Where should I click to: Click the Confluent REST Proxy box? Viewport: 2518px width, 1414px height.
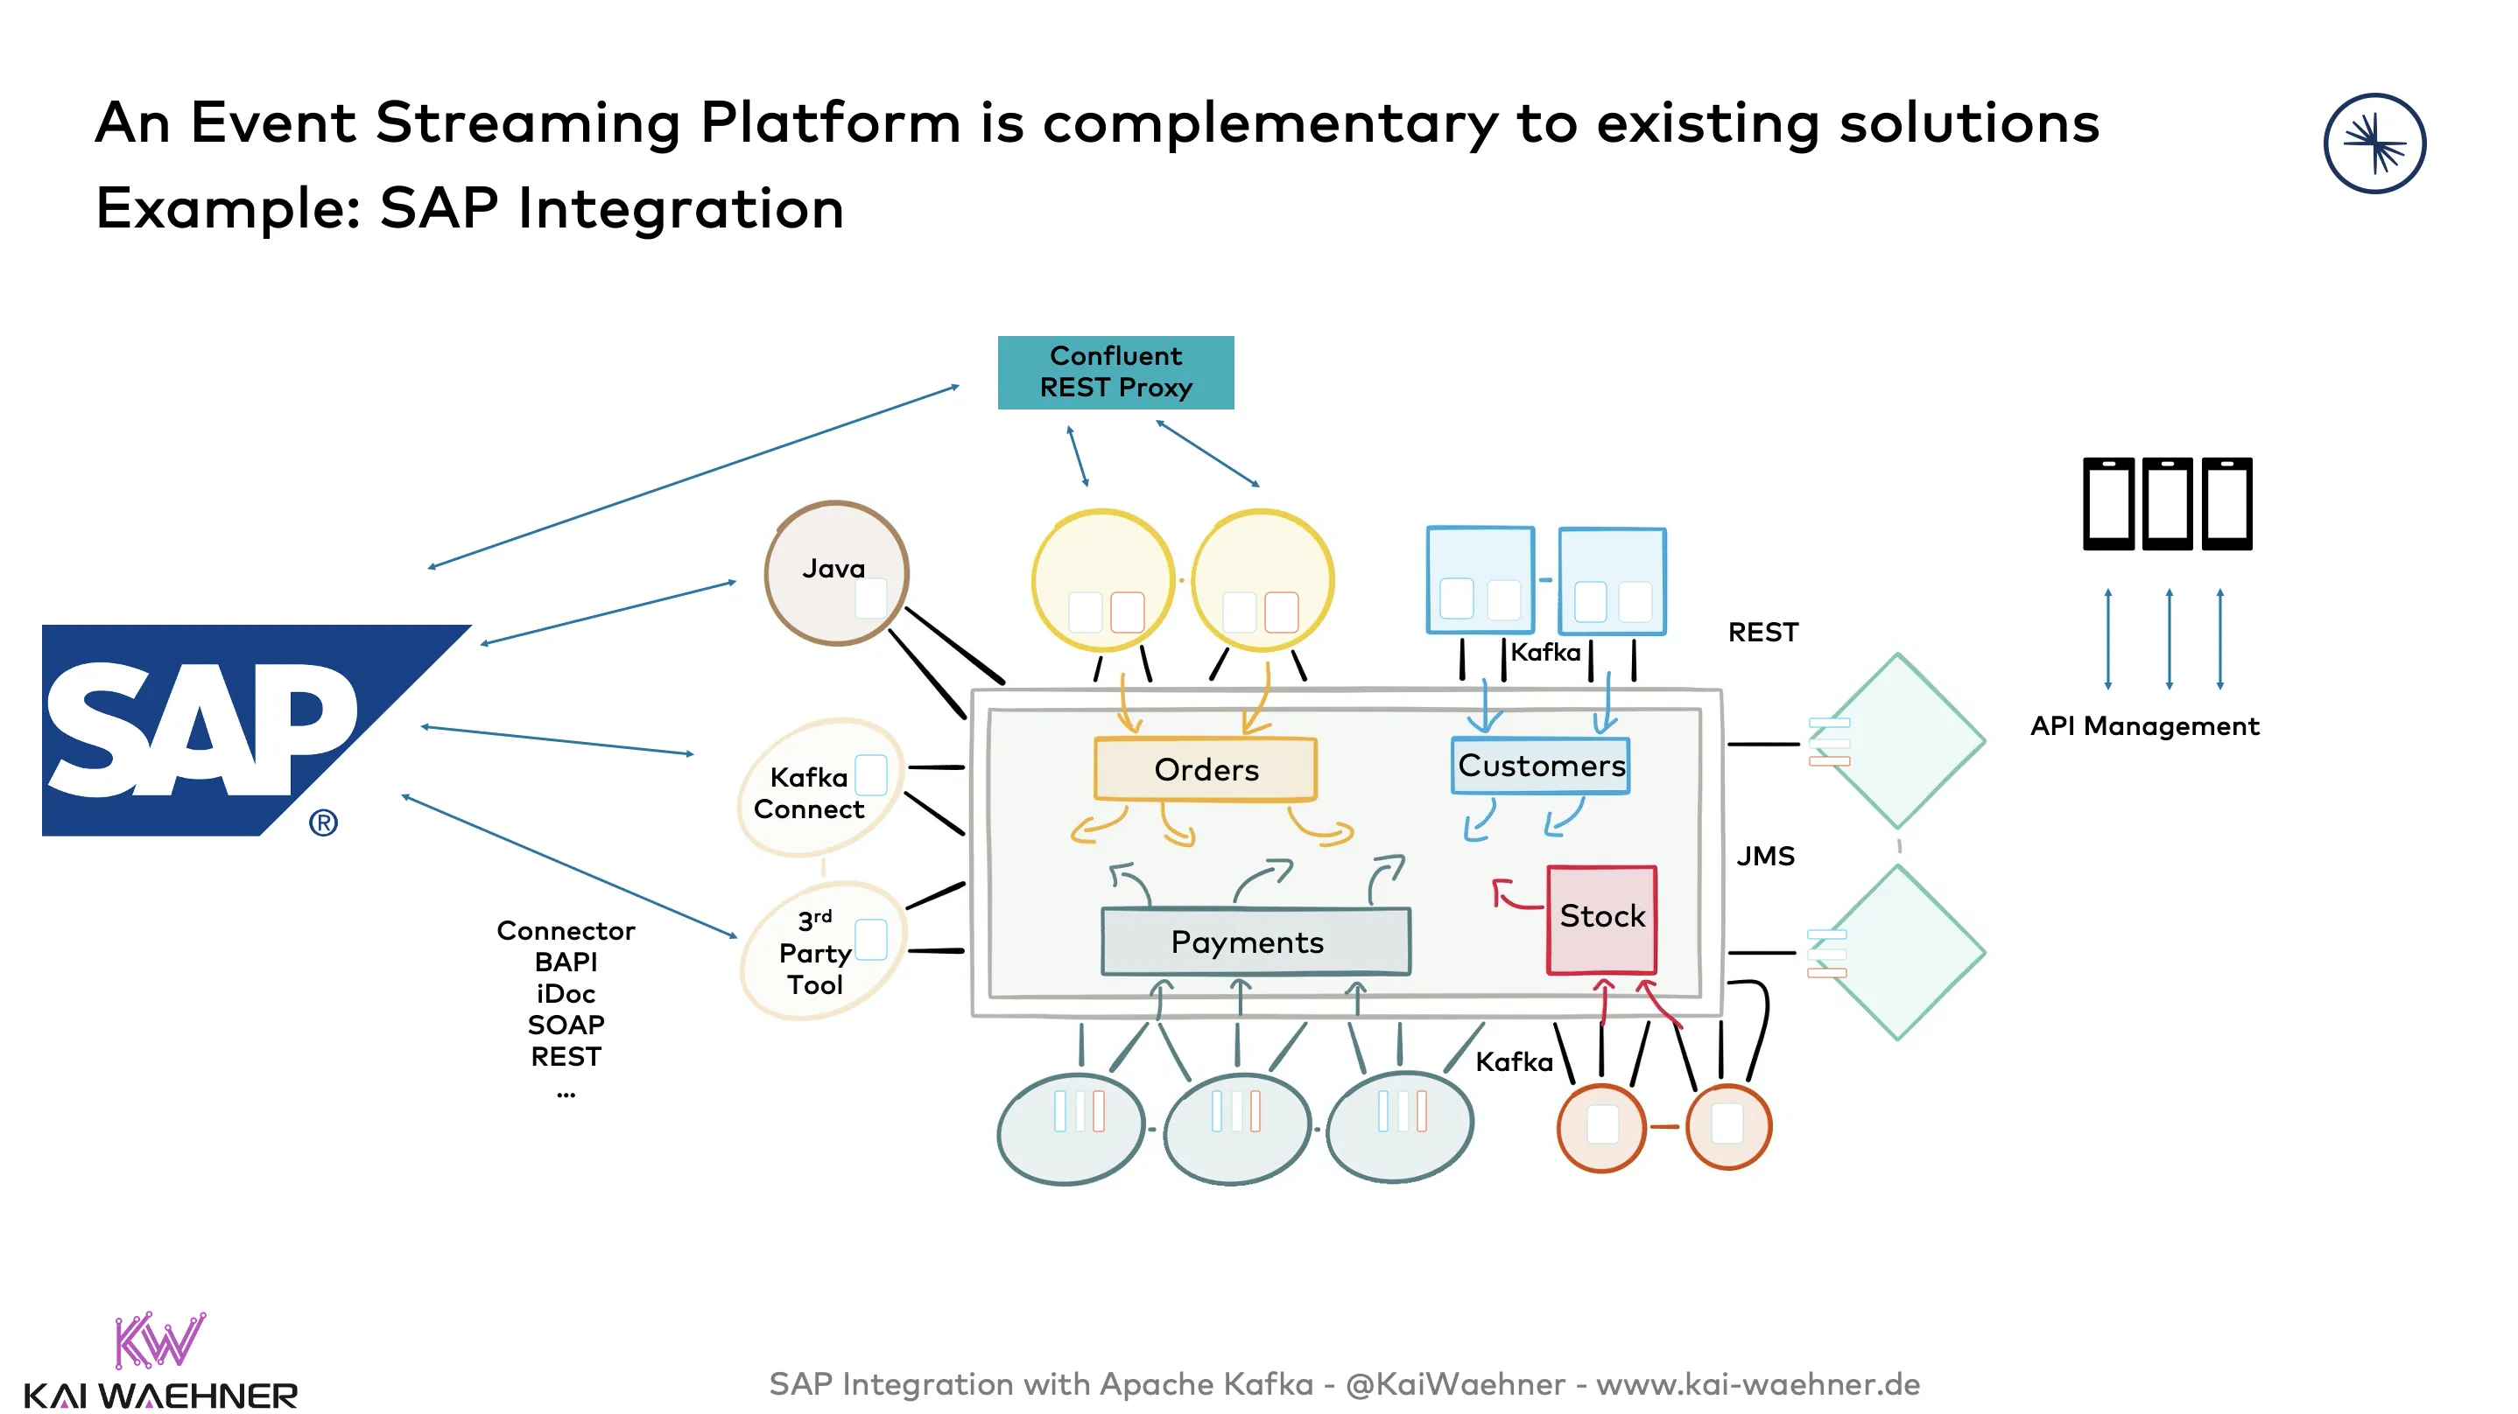[1115, 372]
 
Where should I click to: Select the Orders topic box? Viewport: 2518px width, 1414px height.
[1206, 770]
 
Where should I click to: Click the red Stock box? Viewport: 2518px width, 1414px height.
[1601, 919]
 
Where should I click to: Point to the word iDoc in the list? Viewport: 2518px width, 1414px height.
[565, 994]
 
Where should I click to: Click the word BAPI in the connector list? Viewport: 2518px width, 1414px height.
[565, 962]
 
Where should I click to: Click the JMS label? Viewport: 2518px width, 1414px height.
[1764, 857]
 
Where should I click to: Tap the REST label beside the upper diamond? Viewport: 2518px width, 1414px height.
[1762, 633]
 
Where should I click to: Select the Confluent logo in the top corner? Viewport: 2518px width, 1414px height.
[2374, 143]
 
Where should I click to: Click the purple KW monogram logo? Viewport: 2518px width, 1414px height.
[159, 1340]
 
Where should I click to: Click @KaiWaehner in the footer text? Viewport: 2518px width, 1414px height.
[1454, 1384]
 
